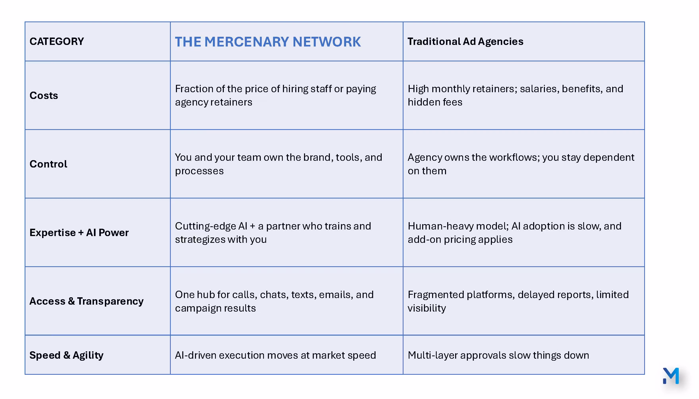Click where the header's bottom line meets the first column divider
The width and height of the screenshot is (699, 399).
(x=170, y=61)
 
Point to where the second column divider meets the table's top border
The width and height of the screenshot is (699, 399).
(x=403, y=22)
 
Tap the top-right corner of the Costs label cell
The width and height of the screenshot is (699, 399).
(x=170, y=61)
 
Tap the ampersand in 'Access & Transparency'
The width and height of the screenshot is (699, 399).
(x=71, y=301)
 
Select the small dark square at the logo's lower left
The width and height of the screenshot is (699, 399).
(x=664, y=381)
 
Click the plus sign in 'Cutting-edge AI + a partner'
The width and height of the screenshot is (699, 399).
(x=252, y=226)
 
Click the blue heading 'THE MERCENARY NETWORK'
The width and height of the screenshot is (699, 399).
(x=268, y=42)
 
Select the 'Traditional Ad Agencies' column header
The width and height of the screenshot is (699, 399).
(x=465, y=41)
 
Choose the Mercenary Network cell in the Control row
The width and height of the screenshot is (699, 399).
(x=287, y=164)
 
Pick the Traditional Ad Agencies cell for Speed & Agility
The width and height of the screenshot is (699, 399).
(x=524, y=355)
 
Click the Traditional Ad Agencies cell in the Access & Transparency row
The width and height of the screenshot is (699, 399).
(x=524, y=301)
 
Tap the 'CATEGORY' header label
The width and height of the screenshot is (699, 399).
(x=57, y=41)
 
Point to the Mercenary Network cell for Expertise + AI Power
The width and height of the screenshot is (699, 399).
(x=287, y=232)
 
